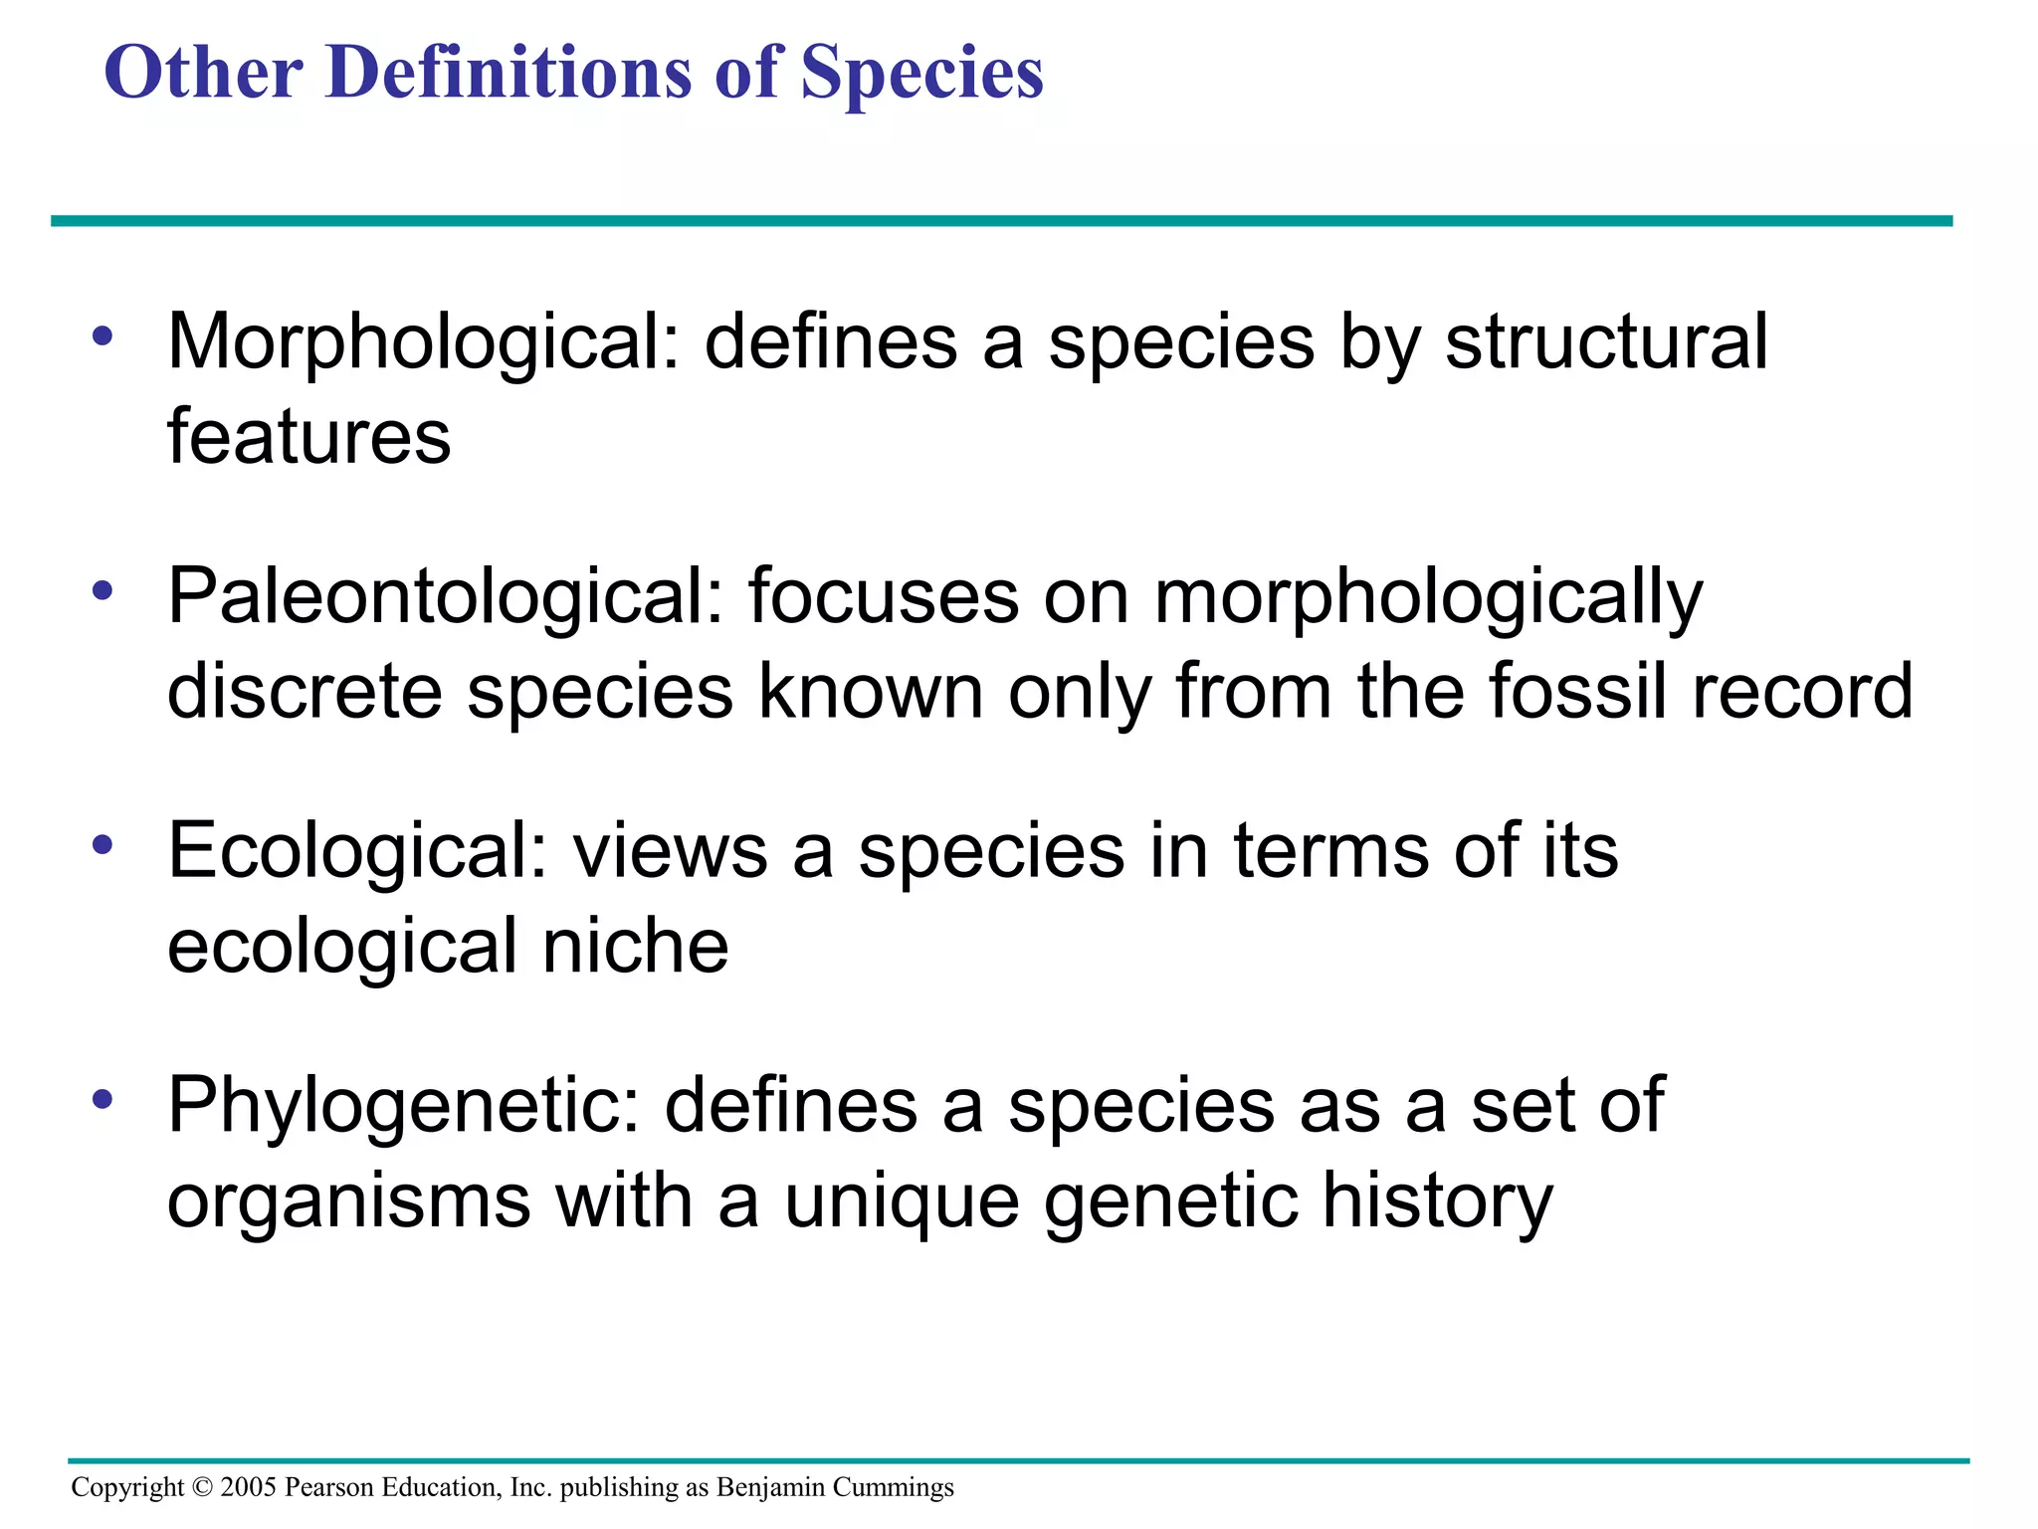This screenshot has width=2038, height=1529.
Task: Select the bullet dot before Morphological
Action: pyautogui.click(x=102, y=335)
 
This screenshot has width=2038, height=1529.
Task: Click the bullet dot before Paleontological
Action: pyautogui.click(x=102, y=590)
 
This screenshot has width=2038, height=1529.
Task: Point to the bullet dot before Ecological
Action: pyautogui.click(x=102, y=845)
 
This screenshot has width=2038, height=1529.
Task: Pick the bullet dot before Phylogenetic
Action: pyautogui.click(x=102, y=1100)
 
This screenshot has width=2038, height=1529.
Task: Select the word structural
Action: pyautogui.click(x=1606, y=341)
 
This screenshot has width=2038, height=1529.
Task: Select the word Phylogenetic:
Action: pyautogui.click(x=403, y=1107)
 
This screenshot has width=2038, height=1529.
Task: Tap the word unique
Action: pyautogui.click(x=902, y=1201)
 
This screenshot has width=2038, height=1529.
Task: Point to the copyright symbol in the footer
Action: pyautogui.click(x=202, y=1487)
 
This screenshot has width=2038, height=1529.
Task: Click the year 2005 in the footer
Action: pyautogui.click(x=248, y=1487)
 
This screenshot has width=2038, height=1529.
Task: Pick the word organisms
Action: pyautogui.click(x=348, y=1201)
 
